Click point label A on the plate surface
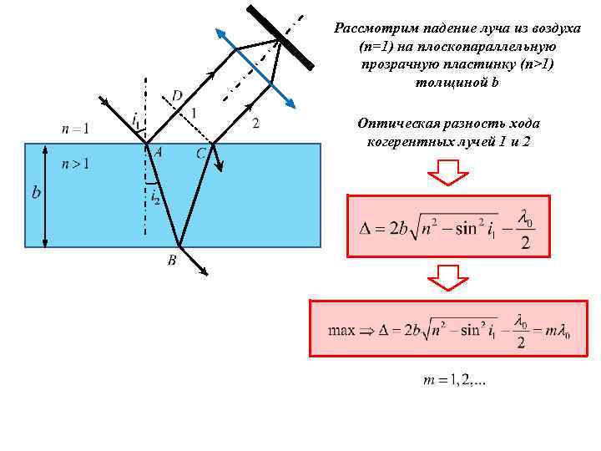point(157,151)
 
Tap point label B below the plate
point(171,261)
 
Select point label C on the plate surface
point(201,154)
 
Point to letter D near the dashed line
point(177,95)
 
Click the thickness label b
point(36,193)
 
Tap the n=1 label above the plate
point(75,129)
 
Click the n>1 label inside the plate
point(75,164)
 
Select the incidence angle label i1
point(136,119)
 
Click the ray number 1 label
point(194,113)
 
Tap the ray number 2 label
point(255,123)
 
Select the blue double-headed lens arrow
point(255,67)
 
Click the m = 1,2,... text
point(456,382)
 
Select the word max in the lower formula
point(341,330)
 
